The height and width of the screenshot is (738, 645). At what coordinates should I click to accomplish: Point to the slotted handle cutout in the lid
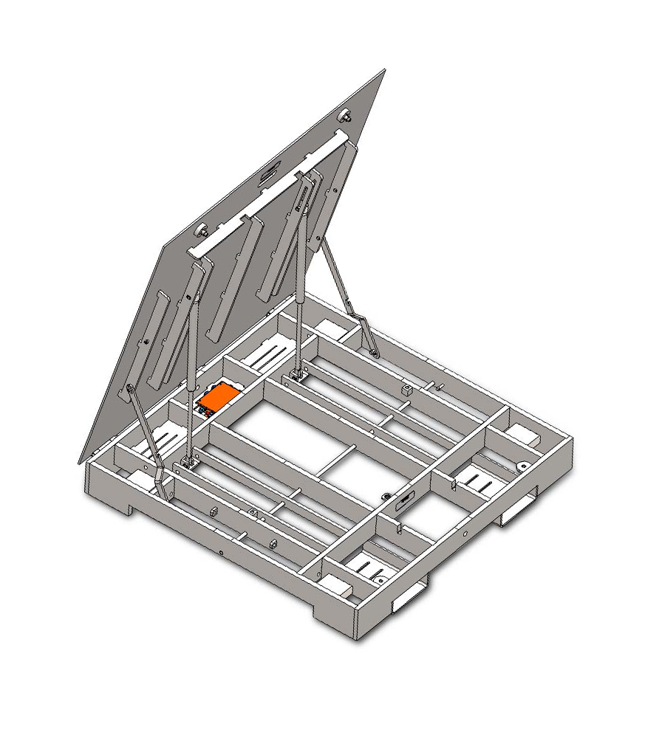270,172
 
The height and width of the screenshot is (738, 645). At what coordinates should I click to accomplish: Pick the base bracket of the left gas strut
188,463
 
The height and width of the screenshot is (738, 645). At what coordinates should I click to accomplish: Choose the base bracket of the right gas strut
298,374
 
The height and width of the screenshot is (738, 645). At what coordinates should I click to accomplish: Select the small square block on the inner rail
406,389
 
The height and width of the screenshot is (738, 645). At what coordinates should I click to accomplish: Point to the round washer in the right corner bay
522,466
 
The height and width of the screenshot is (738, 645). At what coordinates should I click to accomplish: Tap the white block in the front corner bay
341,589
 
